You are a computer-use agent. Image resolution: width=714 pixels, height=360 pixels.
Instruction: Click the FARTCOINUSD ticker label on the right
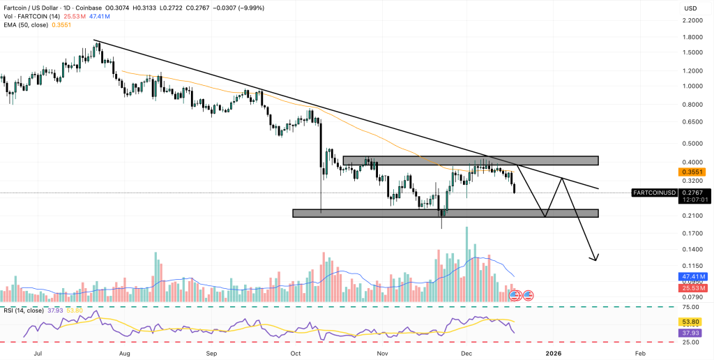pos(653,192)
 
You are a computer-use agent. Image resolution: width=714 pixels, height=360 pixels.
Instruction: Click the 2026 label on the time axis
pos(554,354)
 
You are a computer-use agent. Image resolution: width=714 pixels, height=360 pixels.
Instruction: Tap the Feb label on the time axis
pos(640,354)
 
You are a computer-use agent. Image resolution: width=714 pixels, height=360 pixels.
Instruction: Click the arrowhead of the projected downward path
pos(595,258)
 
